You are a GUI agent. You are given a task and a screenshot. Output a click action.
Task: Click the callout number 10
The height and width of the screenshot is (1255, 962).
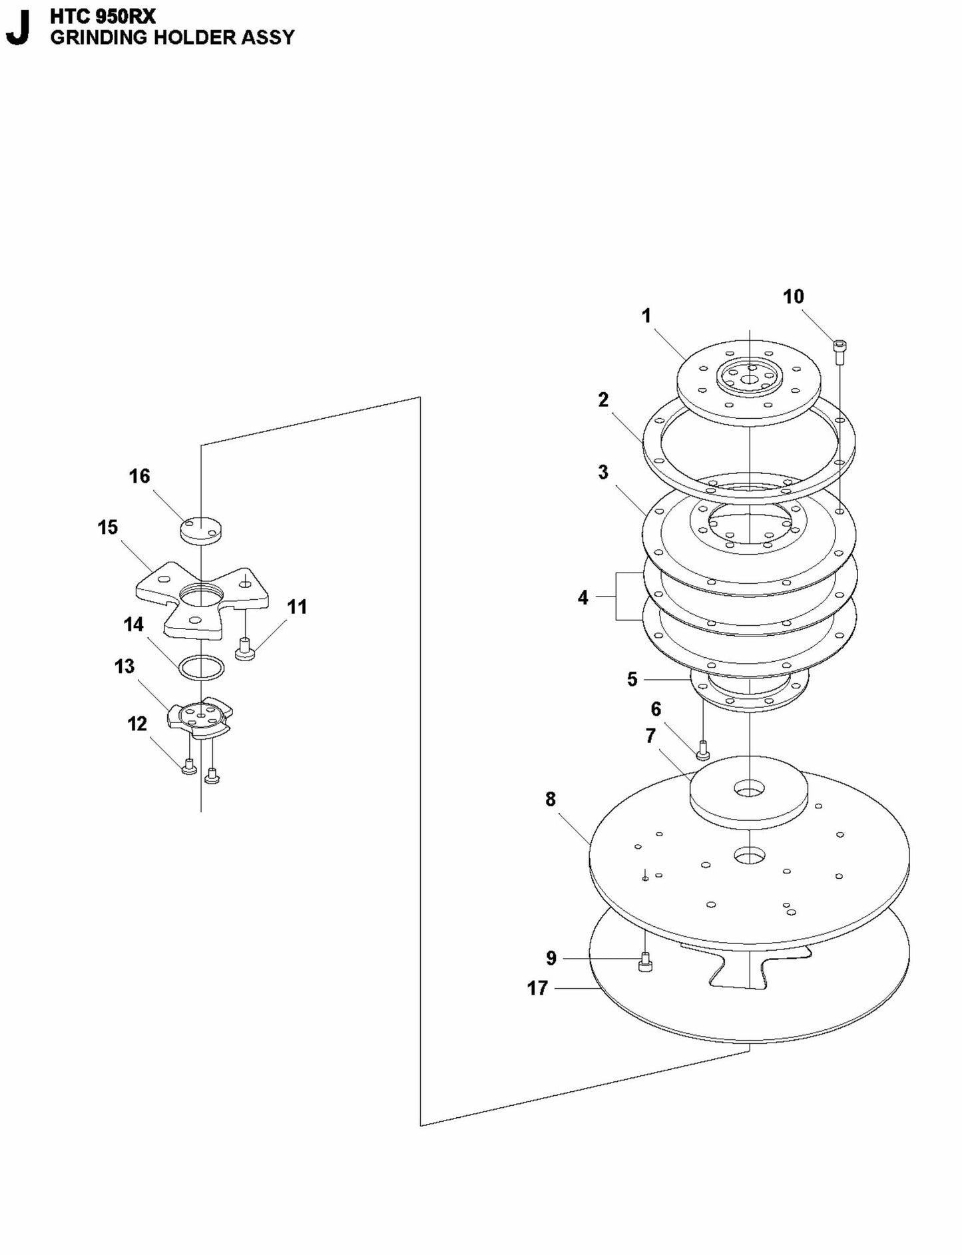[x=793, y=296]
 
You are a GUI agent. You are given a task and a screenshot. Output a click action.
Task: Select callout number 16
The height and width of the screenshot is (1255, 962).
[x=139, y=476]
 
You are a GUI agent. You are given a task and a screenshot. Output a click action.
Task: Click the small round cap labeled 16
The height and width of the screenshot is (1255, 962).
[x=200, y=531]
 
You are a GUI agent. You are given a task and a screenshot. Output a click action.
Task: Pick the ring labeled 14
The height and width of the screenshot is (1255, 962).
[x=200, y=667]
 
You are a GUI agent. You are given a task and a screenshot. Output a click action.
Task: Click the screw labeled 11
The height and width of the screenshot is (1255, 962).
[x=246, y=648]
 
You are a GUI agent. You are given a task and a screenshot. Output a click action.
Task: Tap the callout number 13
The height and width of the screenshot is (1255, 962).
[x=124, y=666]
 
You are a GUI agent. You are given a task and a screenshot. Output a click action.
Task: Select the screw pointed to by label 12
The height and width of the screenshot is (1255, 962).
[x=188, y=767]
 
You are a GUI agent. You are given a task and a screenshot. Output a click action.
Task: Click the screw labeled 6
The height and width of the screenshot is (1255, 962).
[x=702, y=752]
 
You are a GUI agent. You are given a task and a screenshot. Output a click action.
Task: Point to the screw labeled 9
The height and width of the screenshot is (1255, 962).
[x=644, y=963]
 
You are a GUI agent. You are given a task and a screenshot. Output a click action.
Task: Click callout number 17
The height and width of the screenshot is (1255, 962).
[x=537, y=988]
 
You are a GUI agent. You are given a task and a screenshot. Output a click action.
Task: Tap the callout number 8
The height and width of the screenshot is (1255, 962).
[x=550, y=799]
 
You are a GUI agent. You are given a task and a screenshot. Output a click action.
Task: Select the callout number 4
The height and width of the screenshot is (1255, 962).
[x=583, y=598]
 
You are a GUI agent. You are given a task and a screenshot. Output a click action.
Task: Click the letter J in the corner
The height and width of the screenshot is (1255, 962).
[x=18, y=28]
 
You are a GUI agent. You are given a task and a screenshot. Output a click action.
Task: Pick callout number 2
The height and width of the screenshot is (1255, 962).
[x=603, y=399]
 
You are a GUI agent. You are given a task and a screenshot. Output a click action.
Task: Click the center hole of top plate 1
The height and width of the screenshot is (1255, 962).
[x=750, y=380]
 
